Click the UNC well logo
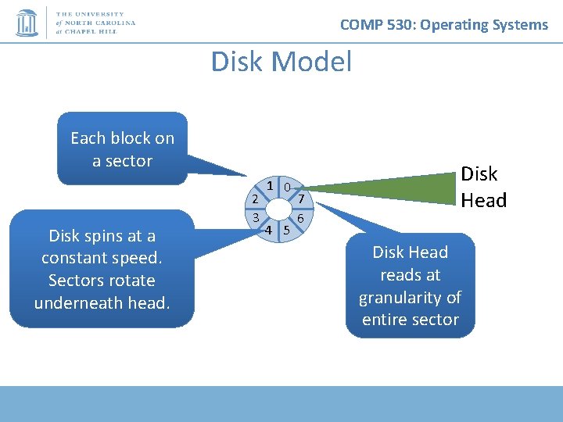(27, 23)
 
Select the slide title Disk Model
(281, 62)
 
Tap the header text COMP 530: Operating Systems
(444, 25)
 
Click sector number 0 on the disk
(289, 188)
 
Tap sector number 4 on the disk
(268, 231)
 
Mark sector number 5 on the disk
(287, 231)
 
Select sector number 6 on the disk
(300, 218)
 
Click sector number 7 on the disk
(301, 199)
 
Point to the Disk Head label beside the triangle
(483, 188)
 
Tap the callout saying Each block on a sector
(122, 149)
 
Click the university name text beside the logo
(95, 23)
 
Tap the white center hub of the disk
(278, 209)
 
